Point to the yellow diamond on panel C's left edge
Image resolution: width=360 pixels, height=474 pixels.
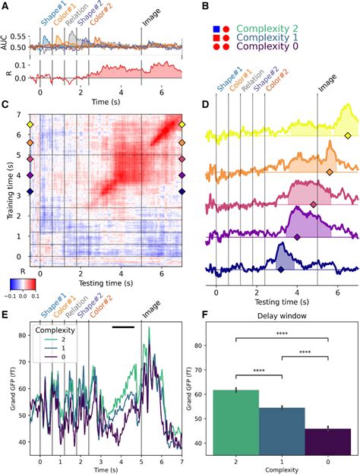(30, 124)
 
